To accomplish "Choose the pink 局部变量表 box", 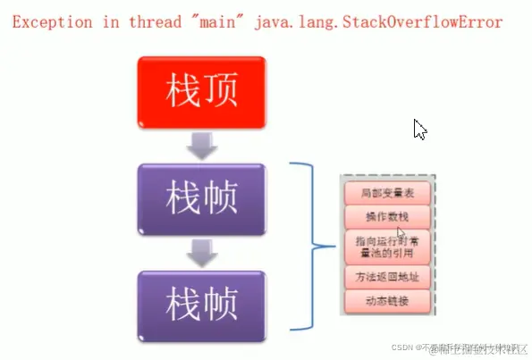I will click(x=389, y=194).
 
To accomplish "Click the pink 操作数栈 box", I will click(x=389, y=216).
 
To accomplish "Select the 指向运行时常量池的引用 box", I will click(x=389, y=247).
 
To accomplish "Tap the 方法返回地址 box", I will click(x=389, y=278).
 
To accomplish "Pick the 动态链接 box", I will click(x=389, y=301).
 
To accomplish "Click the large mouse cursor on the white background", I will click(x=420, y=130).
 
